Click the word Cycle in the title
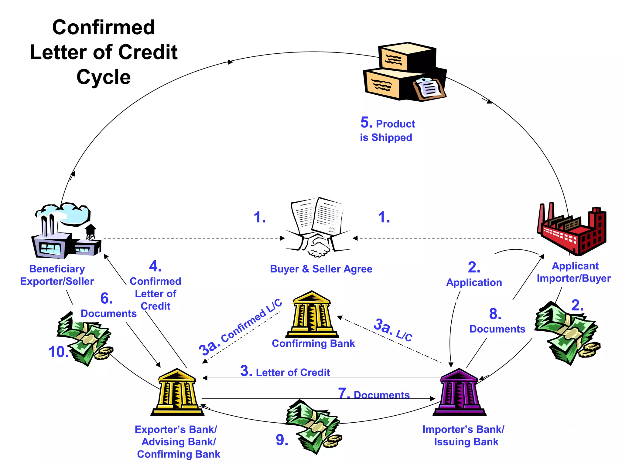104,77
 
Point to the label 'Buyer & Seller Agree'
321,269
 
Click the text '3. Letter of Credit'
285,372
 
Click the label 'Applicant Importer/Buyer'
574,272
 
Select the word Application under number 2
474,283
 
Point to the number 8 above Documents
495,314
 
